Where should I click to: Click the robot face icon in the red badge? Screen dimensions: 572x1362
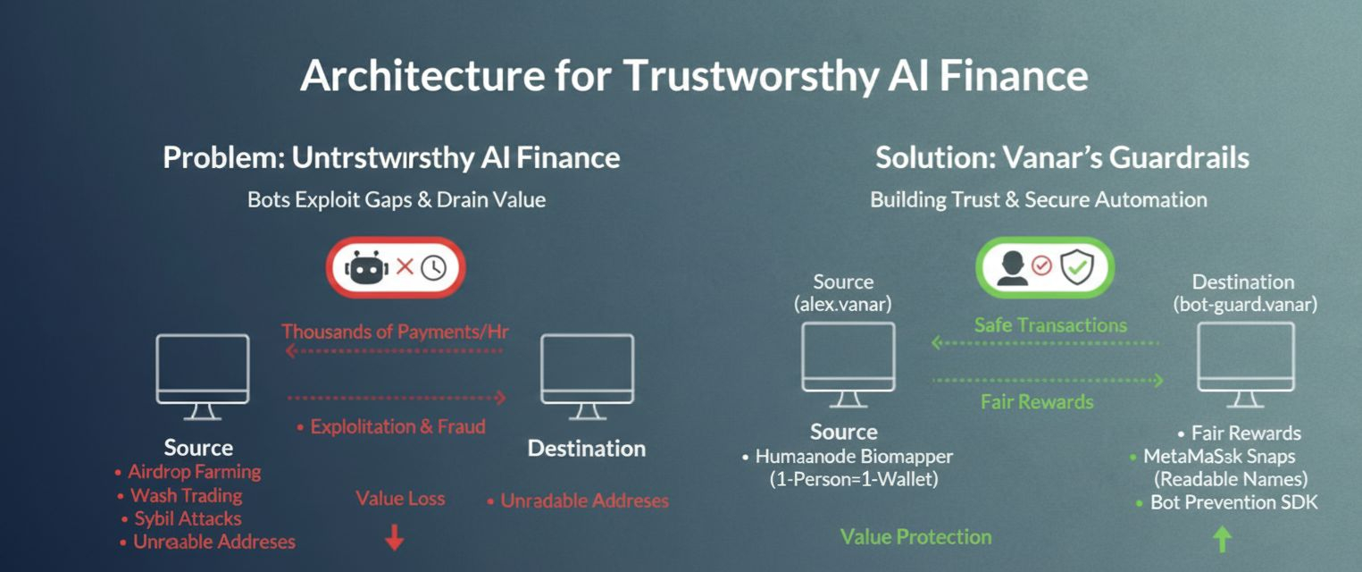(x=364, y=267)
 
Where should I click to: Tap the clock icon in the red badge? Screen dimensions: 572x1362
(x=433, y=267)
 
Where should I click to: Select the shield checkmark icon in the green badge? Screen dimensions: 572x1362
(x=1076, y=266)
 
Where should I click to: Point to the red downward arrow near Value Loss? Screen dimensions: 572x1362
(x=394, y=537)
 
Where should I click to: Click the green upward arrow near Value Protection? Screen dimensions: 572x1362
(x=1223, y=538)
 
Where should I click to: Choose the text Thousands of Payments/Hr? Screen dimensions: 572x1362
(x=395, y=332)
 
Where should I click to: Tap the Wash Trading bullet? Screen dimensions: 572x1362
(x=186, y=495)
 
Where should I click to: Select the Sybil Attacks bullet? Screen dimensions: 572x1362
(x=188, y=518)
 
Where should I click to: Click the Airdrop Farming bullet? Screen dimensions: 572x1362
(x=194, y=471)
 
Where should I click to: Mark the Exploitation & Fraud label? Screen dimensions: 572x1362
(x=397, y=426)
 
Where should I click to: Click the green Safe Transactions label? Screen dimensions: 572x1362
(x=1050, y=325)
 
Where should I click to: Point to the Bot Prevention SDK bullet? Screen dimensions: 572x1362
(x=1233, y=502)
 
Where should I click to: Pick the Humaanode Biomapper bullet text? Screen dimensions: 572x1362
(x=854, y=457)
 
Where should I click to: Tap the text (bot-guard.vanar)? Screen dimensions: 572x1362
(x=1244, y=305)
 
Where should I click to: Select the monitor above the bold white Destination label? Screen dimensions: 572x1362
(x=587, y=375)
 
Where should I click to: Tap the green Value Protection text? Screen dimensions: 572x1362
(x=915, y=537)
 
